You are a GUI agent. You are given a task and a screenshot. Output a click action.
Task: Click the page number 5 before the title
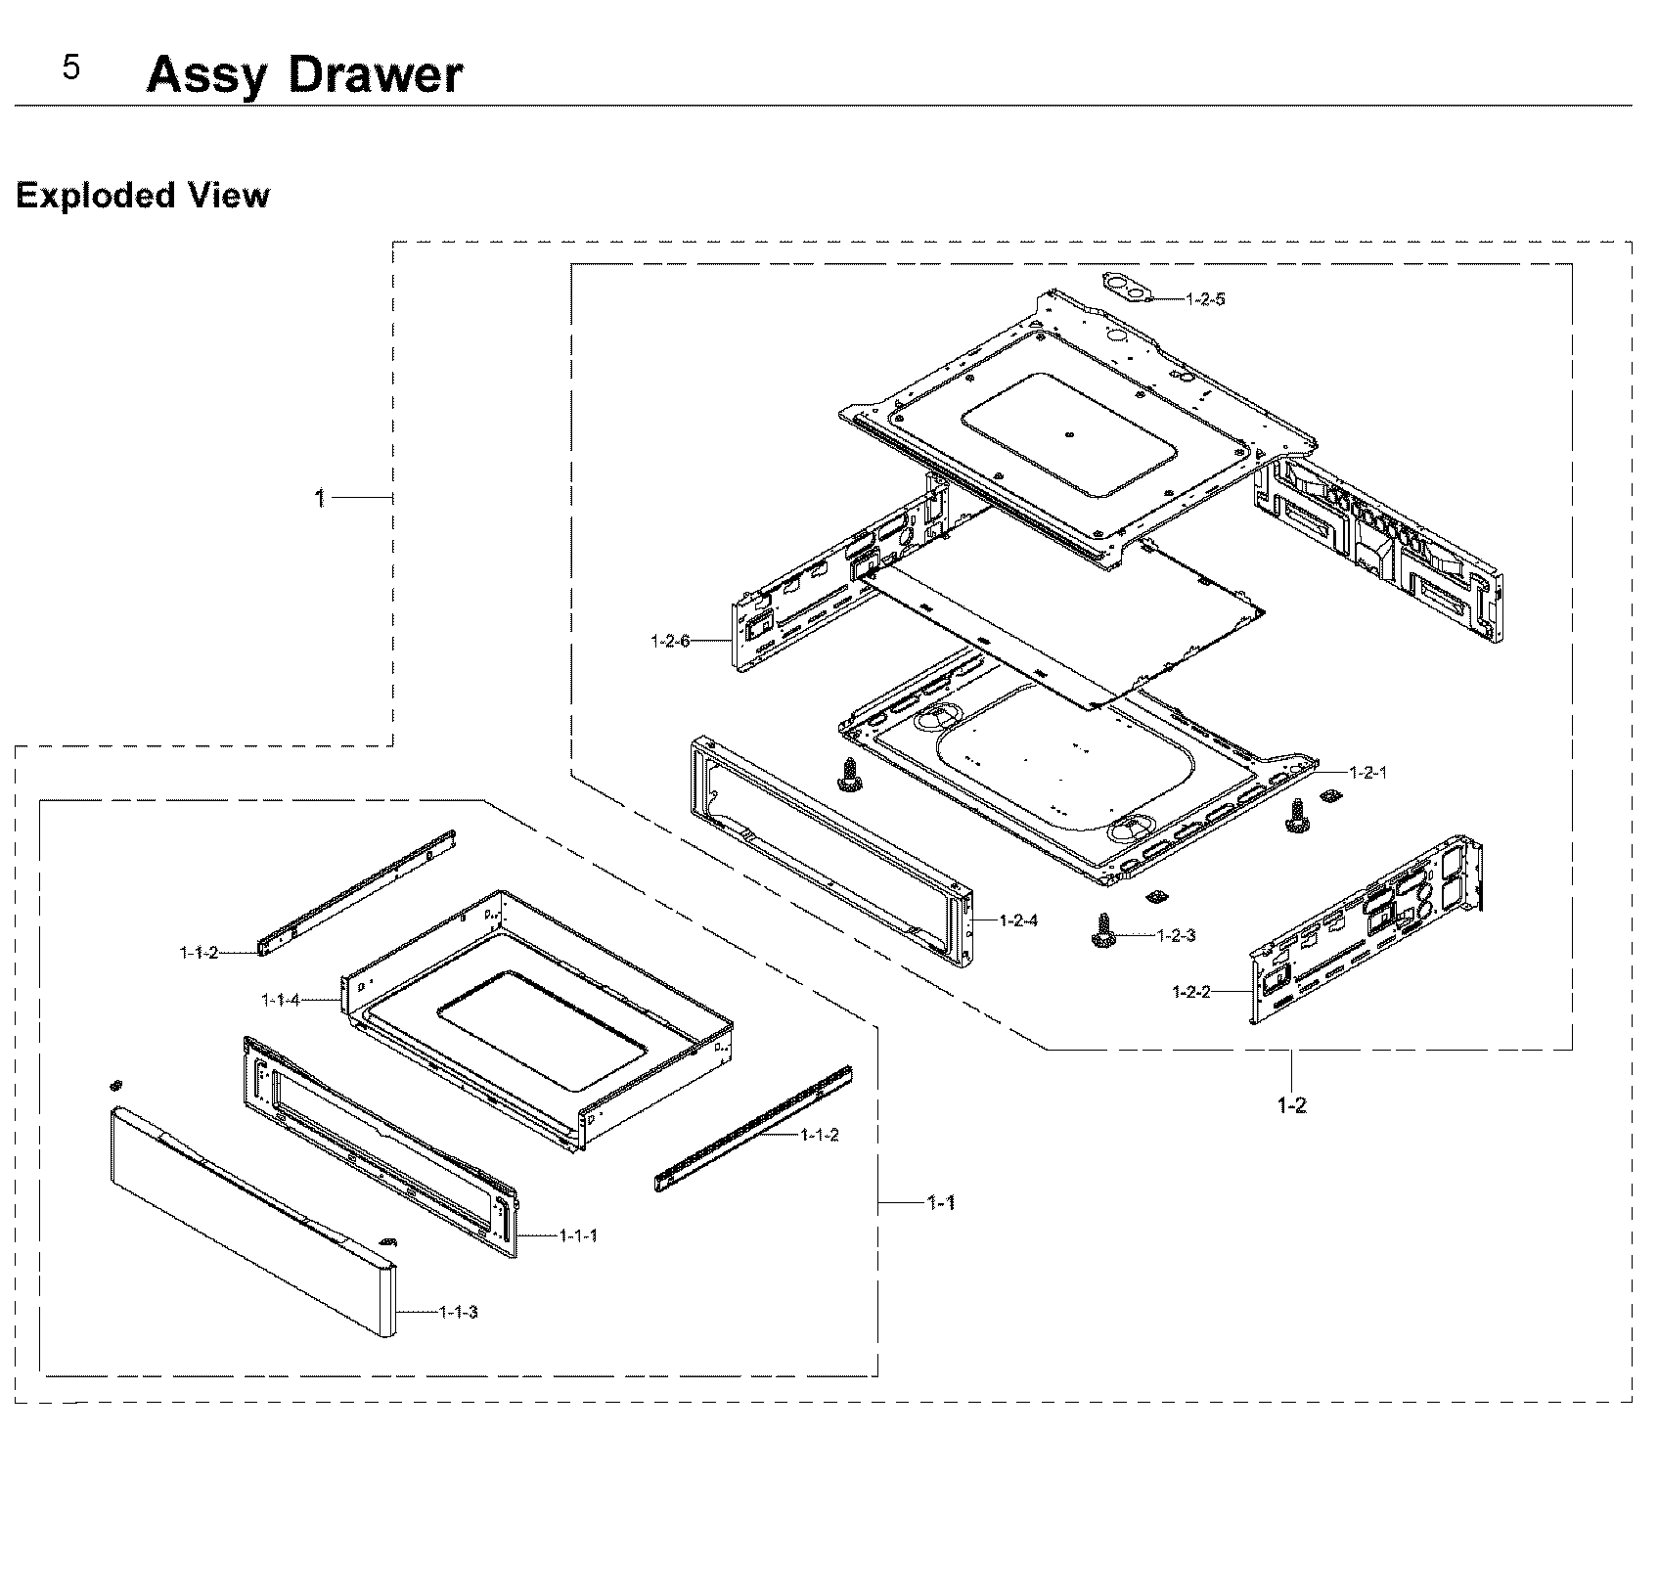pyautogui.click(x=71, y=67)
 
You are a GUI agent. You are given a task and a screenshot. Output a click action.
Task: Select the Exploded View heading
pyautogui.click(x=143, y=196)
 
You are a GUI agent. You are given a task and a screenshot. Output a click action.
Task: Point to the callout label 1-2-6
pyautogui.click(x=670, y=642)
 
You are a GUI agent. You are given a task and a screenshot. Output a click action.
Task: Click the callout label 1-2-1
pyautogui.click(x=1367, y=772)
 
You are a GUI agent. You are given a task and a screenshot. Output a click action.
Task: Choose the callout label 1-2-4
pyautogui.click(x=1018, y=920)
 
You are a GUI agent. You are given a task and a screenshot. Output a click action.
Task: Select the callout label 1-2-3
pyautogui.click(x=1176, y=936)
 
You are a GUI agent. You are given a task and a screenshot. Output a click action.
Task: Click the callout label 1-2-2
pyautogui.click(x=1191, y=992)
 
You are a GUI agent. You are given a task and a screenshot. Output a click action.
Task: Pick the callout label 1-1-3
pyautogui.click(x=459, y=1312)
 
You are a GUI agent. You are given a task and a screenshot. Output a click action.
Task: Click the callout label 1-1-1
pyautogui.click(x=578, y=1235)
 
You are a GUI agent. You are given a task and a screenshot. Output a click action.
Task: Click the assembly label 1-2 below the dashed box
pyautogui.click(x=1291, y=1105)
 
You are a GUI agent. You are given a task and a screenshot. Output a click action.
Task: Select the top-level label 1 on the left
pyautogui.click(x=319, y=499)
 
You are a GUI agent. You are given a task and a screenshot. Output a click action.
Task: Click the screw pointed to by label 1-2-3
pyautogui.click(x=1104, y=930)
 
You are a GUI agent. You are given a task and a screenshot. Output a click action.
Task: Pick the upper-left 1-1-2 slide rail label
pyautogui.click(x=199, y=952)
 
